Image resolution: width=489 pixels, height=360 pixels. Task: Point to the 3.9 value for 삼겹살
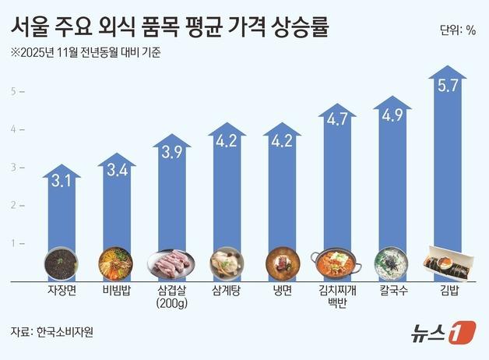[171, 154]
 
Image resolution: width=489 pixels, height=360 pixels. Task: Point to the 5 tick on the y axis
[12, 92]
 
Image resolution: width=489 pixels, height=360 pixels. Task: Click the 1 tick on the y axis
[12, 243]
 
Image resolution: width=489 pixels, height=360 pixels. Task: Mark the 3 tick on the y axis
[12, 168]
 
